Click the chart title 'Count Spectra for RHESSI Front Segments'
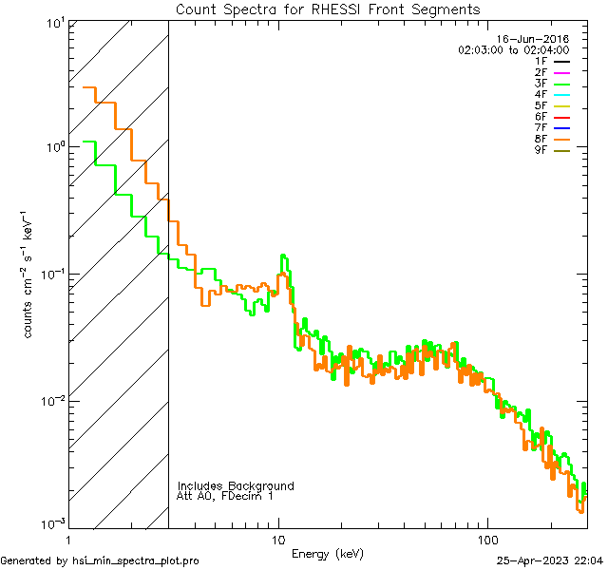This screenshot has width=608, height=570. [x=328, y=9]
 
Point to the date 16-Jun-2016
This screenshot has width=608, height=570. [x=536, y=39]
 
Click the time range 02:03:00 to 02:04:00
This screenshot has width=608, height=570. [x=513, y=49]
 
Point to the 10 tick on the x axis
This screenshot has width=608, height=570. [x=278, y=538]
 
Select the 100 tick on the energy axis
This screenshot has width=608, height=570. [x=487, y=538]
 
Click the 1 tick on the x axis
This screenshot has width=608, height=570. [x=69, y=538]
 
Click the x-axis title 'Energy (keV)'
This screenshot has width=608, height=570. [x=327, y=553]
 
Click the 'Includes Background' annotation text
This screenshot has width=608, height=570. [x=236, y=485]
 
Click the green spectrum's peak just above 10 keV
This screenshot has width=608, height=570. [x=283, y=256]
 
